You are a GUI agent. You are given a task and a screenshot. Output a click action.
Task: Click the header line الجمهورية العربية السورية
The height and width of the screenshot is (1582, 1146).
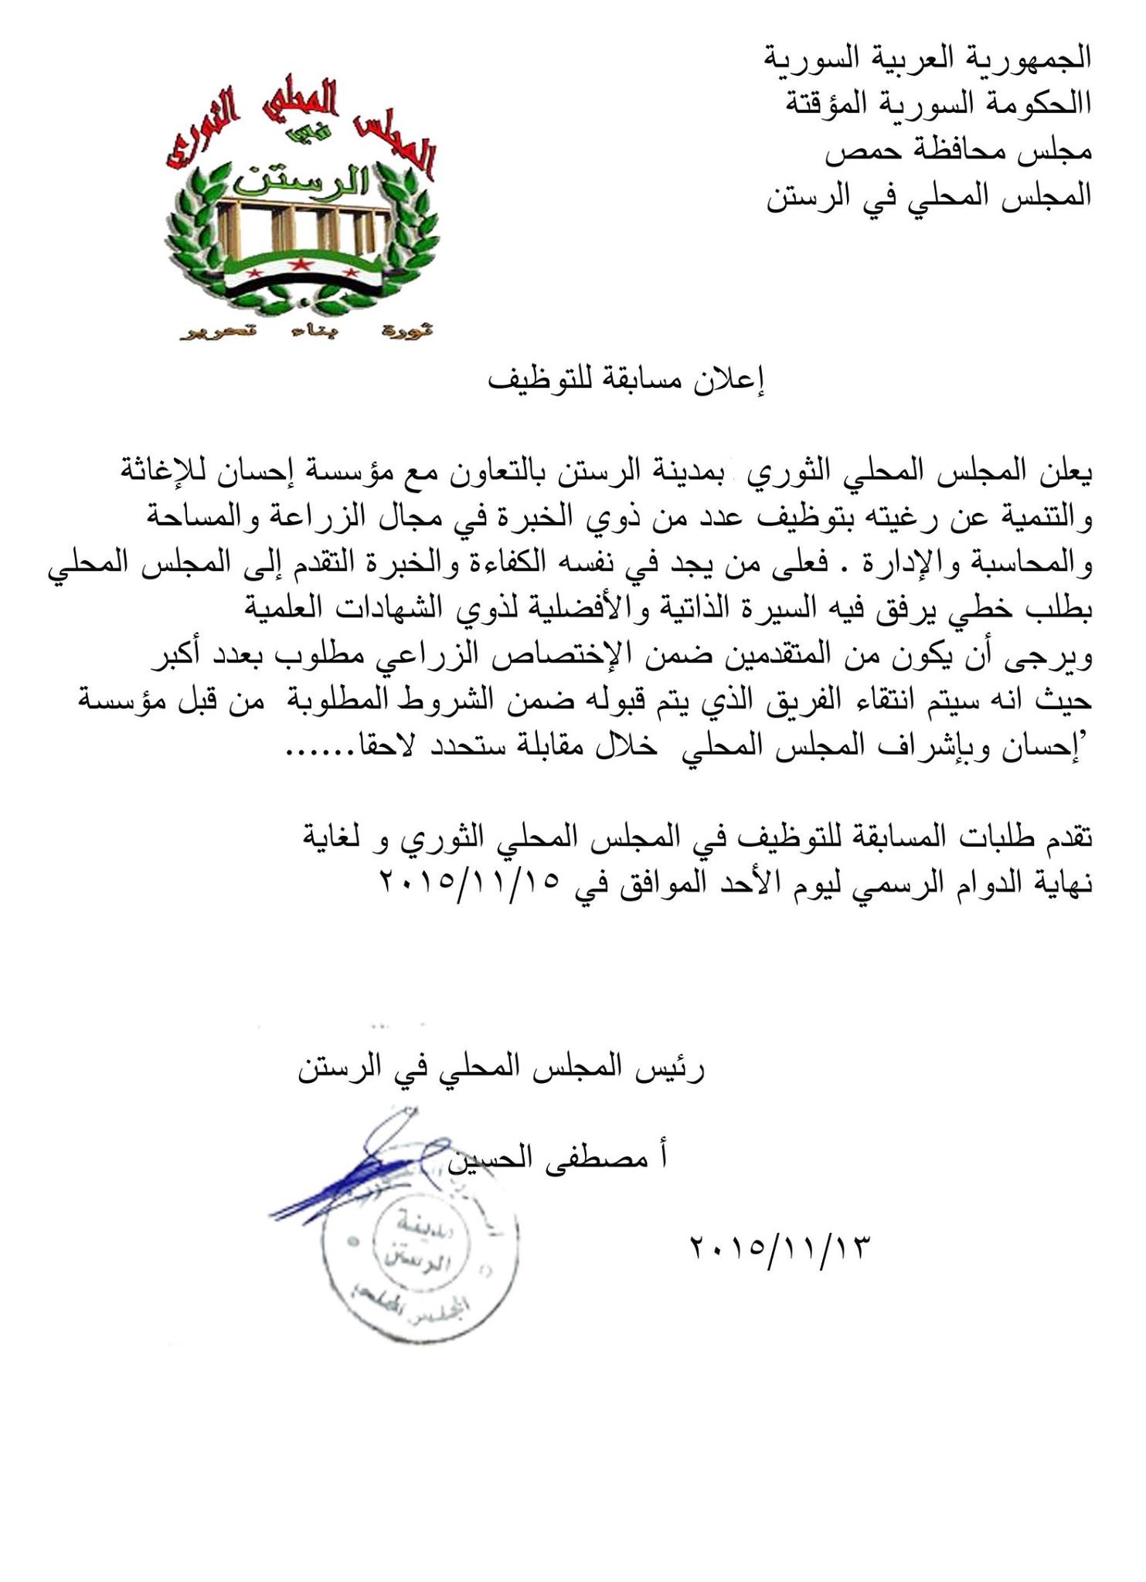(x=927, y=57)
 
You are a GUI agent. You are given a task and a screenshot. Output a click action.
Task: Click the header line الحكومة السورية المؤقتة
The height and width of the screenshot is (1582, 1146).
(x=938, y=104)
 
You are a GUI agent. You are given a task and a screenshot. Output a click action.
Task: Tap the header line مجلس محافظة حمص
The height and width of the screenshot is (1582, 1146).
(x=958, y=150)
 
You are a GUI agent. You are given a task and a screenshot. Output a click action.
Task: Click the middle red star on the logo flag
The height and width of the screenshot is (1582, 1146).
(x=298, y=266)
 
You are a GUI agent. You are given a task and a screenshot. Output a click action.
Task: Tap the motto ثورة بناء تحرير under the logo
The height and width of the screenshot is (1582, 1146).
(x=304, y=332)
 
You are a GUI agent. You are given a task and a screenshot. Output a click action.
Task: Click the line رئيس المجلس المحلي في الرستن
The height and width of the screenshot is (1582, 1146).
(x=502, y=1071)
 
